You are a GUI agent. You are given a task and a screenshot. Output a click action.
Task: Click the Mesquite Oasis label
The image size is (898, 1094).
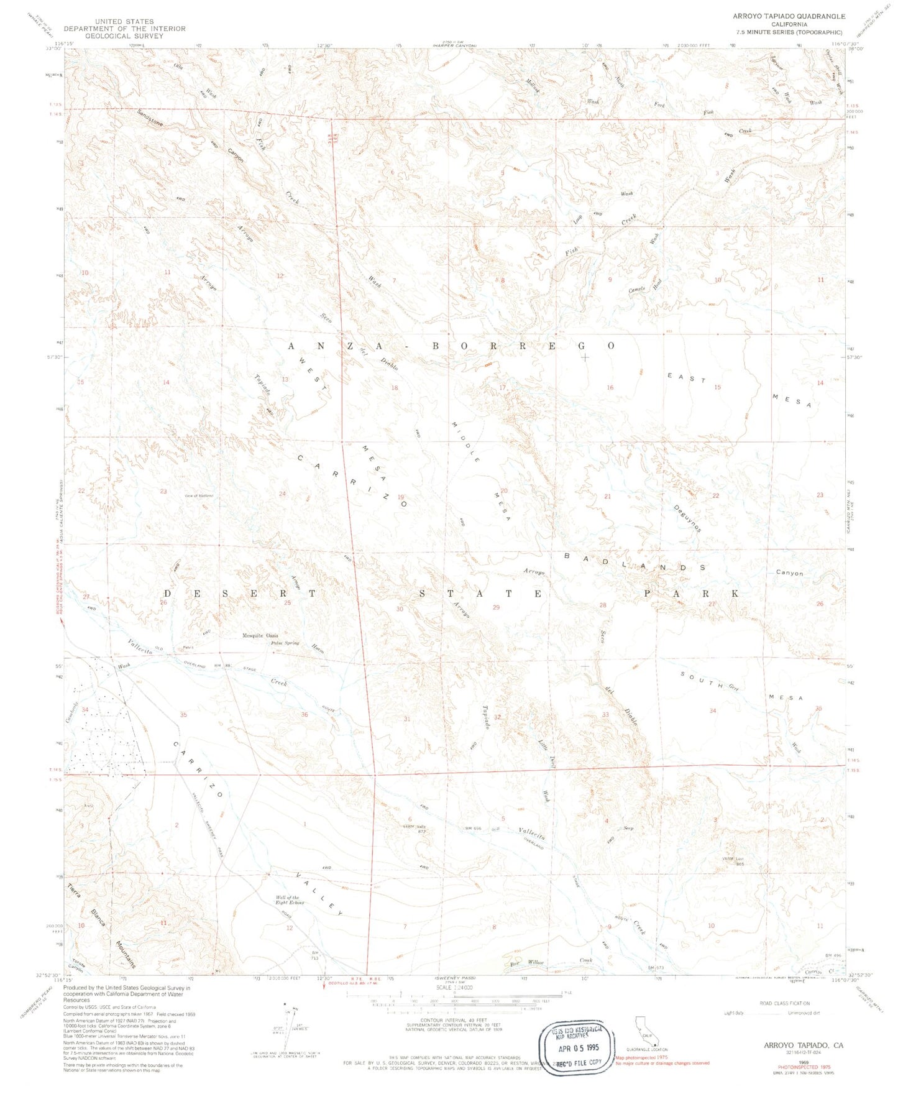[260, 635]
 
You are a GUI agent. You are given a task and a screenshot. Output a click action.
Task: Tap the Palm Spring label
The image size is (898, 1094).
[285, 643]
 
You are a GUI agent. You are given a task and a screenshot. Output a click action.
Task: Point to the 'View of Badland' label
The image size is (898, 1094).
[199, 495]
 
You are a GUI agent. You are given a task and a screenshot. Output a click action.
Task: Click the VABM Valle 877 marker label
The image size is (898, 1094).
[416, 829]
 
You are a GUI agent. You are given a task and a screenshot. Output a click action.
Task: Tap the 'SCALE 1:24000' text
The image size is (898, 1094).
[454, 987]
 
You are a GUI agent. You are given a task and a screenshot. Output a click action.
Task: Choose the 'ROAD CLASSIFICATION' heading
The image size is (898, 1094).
[784, 1003]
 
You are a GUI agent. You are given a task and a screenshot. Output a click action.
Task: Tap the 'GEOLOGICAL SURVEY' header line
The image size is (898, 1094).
[124, 36]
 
